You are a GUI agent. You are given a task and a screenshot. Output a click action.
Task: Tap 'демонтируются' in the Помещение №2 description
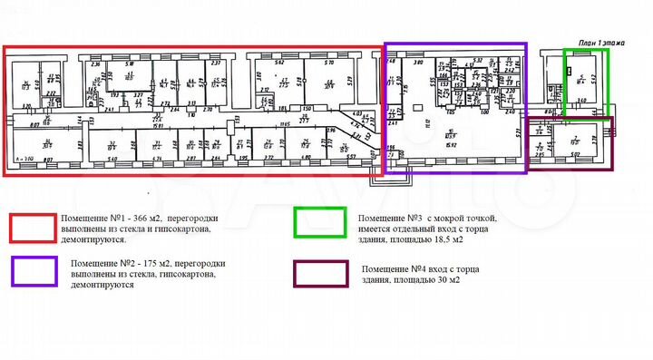(99, 284)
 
